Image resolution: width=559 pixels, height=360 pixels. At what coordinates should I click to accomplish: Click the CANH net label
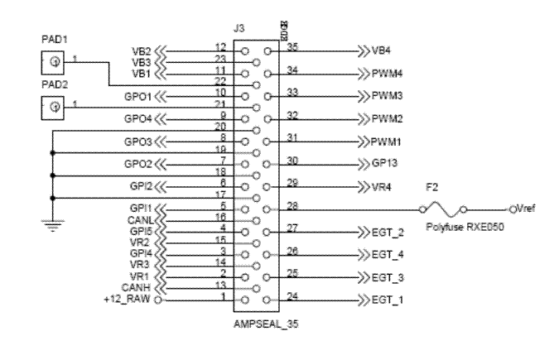[136, 287]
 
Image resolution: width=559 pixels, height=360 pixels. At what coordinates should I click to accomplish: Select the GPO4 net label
[137, 118]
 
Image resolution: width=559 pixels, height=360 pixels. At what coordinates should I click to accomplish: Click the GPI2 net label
[138, 185]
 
